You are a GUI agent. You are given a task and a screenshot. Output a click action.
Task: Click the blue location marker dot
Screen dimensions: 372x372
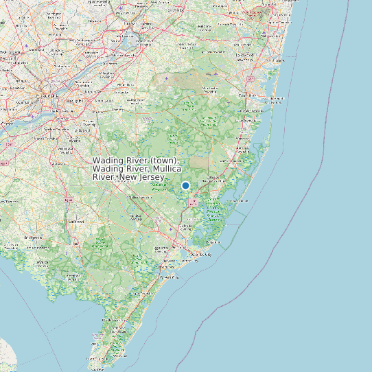pyautogui.click(x=185, y=185)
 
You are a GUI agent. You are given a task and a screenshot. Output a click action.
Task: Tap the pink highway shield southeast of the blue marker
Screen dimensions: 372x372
pyautogui.click(x=194, y=204)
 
